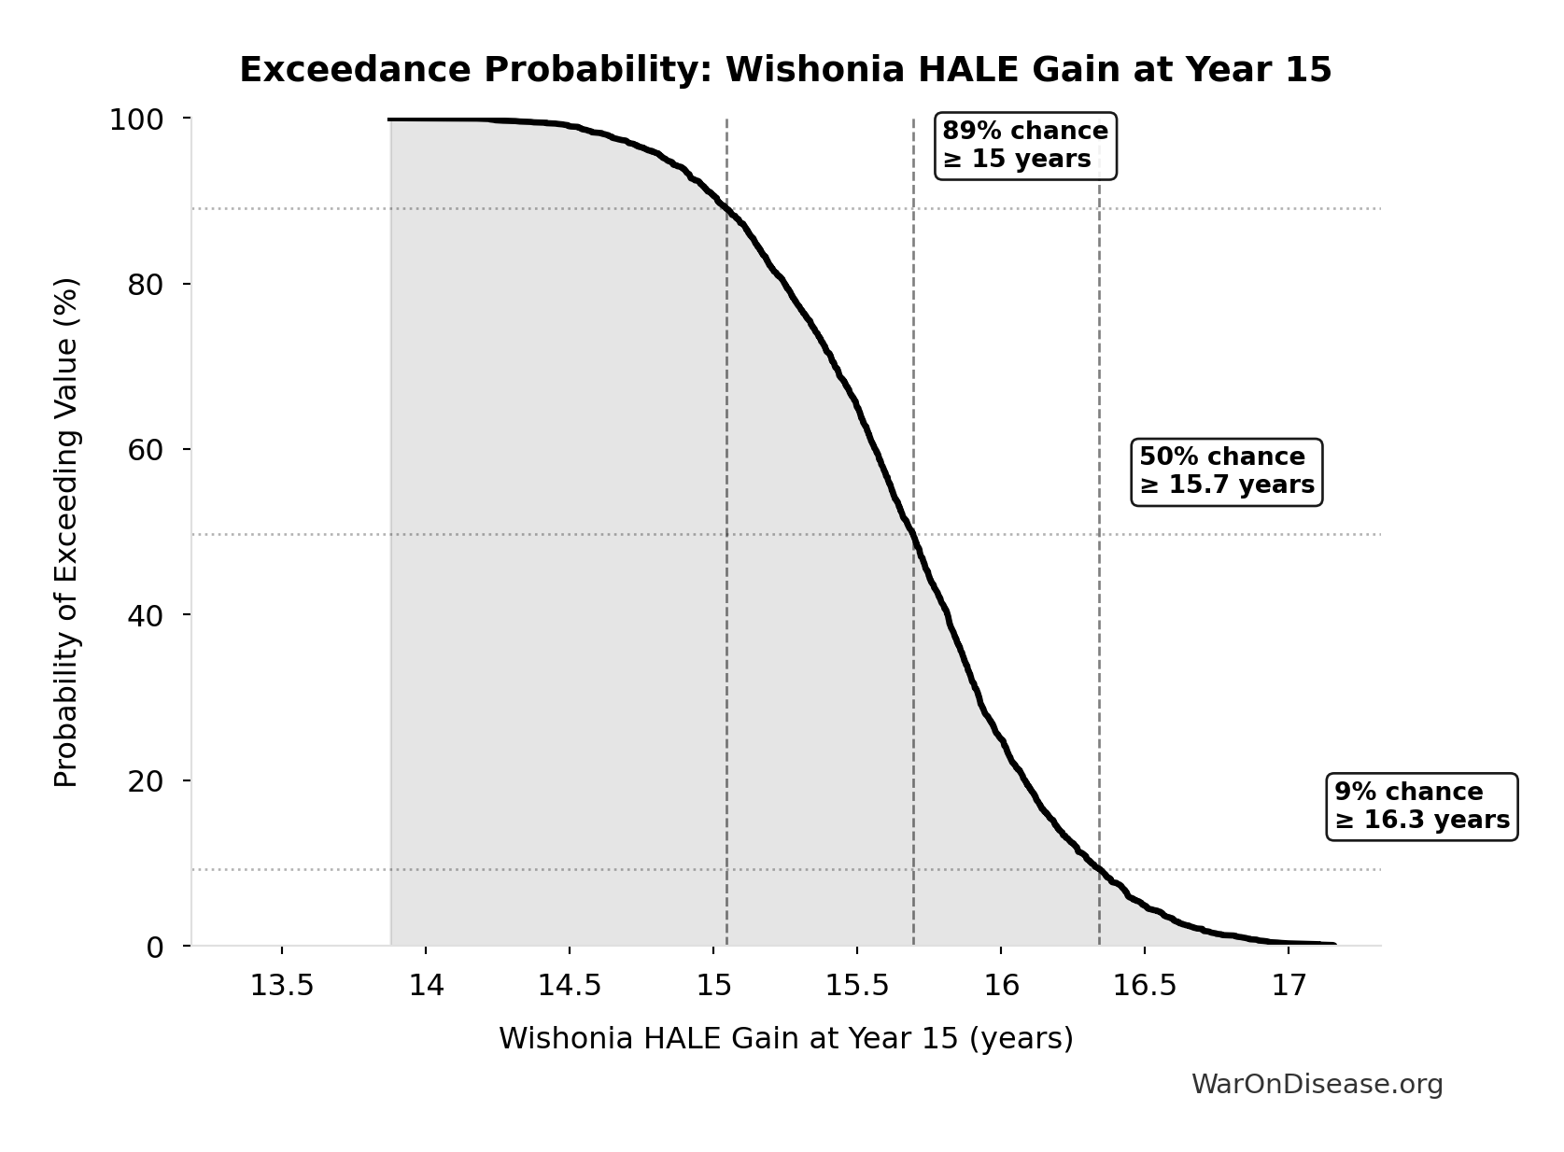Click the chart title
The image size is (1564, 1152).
(785, 70)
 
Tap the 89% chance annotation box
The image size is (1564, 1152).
(1025, 145)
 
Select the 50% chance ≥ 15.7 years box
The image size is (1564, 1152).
(1226, 471)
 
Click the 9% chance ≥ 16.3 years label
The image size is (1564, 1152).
(1421, 807)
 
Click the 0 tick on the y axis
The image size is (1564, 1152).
(154, 947)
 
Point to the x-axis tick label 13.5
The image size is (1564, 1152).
(281, 987)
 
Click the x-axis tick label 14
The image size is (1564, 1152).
(426, 987)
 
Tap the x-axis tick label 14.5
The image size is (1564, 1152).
(569, 987)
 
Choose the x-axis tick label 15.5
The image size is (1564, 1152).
(856, 987)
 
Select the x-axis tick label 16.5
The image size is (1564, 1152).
(1144, 987)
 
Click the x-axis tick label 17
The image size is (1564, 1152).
(1289, 987)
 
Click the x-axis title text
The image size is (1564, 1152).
(785, 1038)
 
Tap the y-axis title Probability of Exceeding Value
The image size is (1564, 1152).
(66, 532)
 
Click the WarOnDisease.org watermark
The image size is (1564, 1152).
(1317, 1085)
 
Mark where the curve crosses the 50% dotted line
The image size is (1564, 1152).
(912, 535)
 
